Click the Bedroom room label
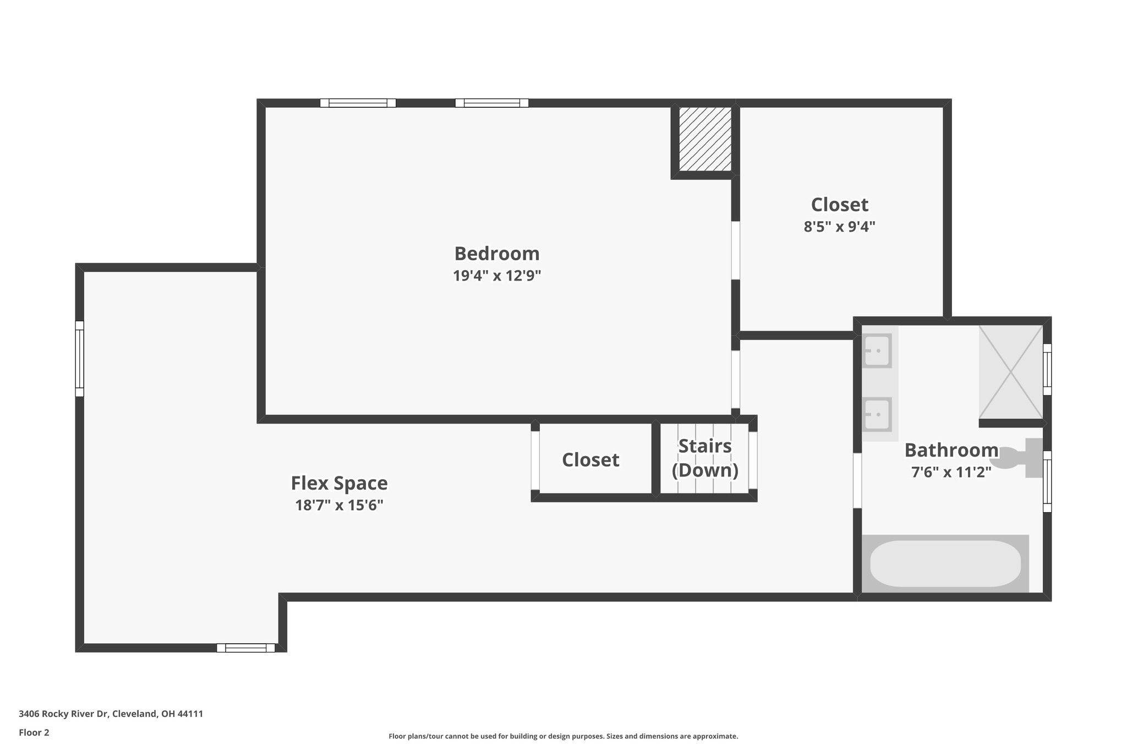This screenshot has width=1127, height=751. [496, 254]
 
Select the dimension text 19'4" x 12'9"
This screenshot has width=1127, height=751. [496, 276]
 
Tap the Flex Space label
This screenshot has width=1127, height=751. [339, 483]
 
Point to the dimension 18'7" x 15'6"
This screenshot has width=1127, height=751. [339, 505]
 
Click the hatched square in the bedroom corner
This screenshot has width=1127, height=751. [704, 139]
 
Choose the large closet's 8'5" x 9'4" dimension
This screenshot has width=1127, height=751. [839, 227]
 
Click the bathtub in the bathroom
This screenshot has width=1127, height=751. [945, 563]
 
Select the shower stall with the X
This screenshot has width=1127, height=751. [1010, 372]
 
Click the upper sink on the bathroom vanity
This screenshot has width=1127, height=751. [877, 351]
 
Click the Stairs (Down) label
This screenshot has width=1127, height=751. [705, 458]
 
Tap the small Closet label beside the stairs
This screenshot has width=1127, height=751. [590, 460]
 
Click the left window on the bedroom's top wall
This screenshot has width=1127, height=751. [358, 103]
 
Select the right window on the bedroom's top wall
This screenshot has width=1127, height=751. [491, 103]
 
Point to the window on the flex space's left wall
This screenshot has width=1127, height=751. [80, 359]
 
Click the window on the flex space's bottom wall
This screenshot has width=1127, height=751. [245, 648]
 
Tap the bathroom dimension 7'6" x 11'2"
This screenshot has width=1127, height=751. [951, 472]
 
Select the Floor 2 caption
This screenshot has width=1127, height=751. [34, 732]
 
